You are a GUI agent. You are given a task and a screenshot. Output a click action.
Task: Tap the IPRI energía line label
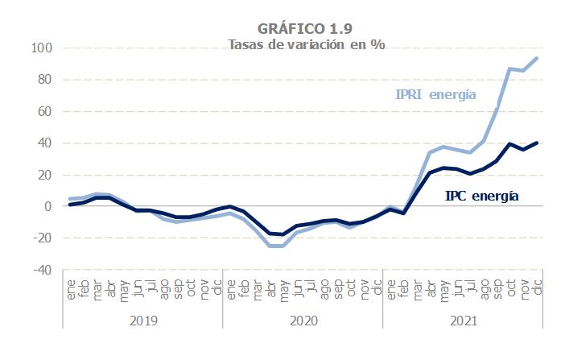[436, 95]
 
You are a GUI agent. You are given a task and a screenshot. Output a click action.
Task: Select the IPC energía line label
[481, 196]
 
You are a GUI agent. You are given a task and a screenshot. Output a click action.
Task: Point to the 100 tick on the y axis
[42, 48]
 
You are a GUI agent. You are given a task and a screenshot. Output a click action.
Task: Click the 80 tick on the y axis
[45, 80]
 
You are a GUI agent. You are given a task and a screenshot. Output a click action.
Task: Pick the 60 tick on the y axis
[45, 111]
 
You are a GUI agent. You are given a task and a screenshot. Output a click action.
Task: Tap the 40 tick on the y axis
[45, 143]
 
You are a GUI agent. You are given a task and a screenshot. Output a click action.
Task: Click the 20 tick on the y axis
[45, 175]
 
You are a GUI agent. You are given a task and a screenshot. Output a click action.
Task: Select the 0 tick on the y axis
[48, 206]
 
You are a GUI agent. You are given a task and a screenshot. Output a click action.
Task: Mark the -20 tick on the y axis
[43, 238]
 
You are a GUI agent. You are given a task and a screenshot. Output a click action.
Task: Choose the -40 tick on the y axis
[43, 270]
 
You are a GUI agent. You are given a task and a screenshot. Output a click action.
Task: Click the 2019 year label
[142, 320]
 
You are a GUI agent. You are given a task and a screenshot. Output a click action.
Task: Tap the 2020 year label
[303, 320]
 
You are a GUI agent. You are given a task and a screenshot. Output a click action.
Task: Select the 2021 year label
[463, 320]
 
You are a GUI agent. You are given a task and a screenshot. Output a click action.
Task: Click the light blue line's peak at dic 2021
[537, 58]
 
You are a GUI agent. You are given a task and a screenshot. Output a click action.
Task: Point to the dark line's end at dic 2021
[537, 143]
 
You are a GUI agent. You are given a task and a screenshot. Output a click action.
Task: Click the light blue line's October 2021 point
[510, 69]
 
